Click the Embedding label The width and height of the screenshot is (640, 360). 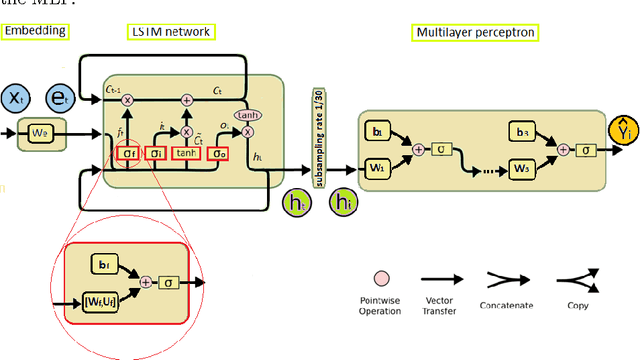35,31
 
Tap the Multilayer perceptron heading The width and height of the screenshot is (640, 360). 475,32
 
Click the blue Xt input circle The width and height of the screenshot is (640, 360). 16,98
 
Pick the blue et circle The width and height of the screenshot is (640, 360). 61,98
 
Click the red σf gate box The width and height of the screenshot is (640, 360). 128,153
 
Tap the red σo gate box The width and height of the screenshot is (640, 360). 219,153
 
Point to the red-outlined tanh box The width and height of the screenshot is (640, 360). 186,153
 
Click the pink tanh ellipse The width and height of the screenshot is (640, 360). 246,115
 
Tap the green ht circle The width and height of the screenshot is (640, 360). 297,202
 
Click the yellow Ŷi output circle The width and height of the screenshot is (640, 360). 622,129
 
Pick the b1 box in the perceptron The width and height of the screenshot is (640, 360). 377,131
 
